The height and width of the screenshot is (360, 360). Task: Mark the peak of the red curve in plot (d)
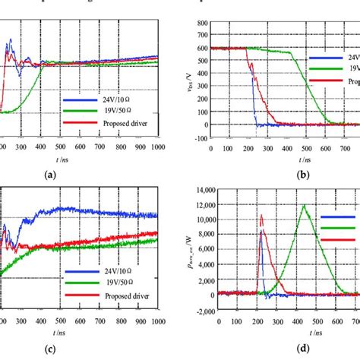point(262,215)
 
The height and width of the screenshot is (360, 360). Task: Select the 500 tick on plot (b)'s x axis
point(305,147)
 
